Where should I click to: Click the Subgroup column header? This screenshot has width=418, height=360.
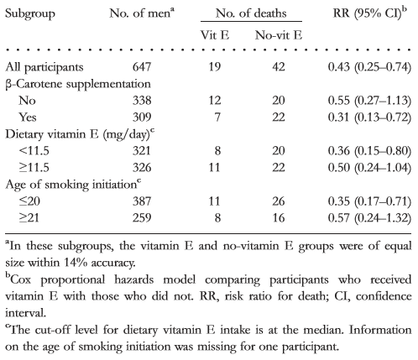30,14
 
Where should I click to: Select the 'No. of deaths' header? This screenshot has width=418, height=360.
251,13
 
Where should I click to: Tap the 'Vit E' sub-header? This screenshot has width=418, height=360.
215,35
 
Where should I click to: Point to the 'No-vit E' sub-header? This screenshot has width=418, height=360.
279,35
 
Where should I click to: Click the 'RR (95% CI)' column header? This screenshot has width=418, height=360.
369,13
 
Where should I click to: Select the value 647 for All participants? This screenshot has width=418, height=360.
142,67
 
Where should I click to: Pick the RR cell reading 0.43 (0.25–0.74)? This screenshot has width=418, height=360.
369,67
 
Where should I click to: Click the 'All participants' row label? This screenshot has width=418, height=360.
44,67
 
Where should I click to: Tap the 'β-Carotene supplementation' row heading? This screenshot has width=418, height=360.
78,84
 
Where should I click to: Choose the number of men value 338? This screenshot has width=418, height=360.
142,101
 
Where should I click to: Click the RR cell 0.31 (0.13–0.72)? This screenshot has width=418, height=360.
369,117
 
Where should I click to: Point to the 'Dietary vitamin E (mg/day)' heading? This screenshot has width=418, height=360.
80,134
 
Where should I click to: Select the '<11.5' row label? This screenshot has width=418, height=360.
34,151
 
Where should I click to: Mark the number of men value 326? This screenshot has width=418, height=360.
142,168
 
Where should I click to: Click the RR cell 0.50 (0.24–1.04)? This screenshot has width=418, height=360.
369,168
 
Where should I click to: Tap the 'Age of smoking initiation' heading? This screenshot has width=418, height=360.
73,185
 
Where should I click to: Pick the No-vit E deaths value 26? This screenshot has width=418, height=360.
279,201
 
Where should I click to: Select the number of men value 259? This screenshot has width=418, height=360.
142,218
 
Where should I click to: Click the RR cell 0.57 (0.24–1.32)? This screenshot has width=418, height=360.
369,218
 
